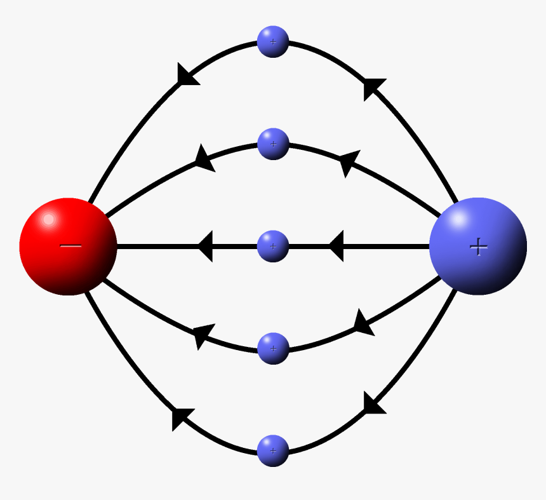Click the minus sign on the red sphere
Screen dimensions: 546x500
pyautogui.click(x=70, y=246)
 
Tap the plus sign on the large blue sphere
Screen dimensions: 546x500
pyautogui.click(x=478, y=247)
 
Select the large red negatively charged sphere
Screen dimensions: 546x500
pyautogui.click(x=69, y=247)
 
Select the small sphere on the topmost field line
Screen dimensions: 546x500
pyautogui.click(x=273, y=42)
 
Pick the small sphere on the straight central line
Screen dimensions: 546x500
pyautogui.click(x=273, y=246)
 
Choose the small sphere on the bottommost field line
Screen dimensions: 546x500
pyautogui.click(x=273, y=450)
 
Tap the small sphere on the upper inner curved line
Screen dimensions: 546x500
pyautogui.click(x=273, y=144)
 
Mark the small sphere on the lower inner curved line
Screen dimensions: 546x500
pyautogui.click(x=273, y=348)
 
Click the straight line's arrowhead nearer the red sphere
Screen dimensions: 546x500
pyautogui.click(x=206, y=246)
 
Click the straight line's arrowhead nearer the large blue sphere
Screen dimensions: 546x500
pyautogui.click(x=336, y=246)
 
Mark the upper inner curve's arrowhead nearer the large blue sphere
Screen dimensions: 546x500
pyautogui.click(x=349, y=163)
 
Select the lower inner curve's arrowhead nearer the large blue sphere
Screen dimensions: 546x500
pyautogui.click(x=362, y=323)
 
